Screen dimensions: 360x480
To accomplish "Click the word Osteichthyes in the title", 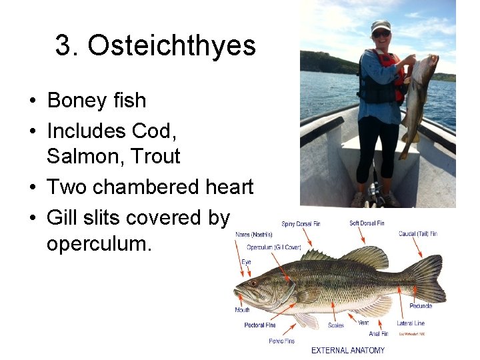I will coord(171,46).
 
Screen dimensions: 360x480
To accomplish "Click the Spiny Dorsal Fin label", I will coord(301,224).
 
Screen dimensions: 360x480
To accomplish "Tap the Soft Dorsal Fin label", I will coord(367,223).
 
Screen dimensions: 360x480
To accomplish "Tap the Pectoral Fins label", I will coord(260,325).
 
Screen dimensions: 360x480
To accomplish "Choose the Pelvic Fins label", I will coord(282,341).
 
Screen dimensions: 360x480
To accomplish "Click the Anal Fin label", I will coord(378,333).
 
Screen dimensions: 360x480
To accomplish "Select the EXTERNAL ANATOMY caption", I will coord(348,351).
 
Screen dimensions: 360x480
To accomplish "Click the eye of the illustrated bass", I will coord(253,283).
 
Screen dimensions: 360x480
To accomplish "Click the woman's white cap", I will coord(381,26).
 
